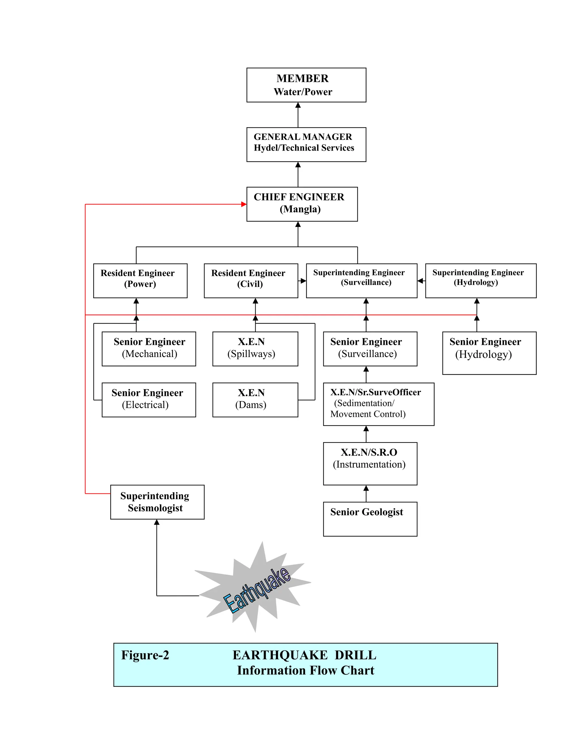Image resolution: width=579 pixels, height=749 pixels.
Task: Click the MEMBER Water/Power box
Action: click(306, 85)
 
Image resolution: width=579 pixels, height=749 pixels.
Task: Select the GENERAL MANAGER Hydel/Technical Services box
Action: click(306, 144)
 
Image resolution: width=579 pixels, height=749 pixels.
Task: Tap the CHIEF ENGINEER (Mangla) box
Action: click(302, 204)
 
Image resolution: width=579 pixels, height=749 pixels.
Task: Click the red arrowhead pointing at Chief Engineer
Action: click(244, 204)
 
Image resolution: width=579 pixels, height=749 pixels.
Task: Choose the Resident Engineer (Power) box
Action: click(140, 281)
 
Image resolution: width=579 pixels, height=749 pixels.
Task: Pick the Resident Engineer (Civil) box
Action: click(251, 281)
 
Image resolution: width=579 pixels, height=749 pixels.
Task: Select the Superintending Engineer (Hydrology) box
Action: click(481, 281)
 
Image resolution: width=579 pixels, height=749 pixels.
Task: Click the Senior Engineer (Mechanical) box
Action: click(149, 349)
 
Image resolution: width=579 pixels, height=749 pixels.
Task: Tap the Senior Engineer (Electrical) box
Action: click(149, 400)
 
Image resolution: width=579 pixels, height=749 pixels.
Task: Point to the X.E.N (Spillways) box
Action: click(255, 349)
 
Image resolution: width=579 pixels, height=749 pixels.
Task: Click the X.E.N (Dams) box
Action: click(255, 400)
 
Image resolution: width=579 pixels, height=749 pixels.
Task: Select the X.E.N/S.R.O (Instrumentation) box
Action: click(370, 464)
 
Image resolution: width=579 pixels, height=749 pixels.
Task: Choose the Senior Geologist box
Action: click(370, 519)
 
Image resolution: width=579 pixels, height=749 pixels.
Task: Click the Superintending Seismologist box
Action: click(157, 502)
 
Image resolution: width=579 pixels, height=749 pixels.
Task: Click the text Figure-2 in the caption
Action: click(145, 655)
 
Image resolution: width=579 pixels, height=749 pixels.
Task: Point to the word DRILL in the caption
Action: click(355, 655)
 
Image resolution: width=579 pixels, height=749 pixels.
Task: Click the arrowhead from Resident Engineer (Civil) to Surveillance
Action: click(303, 281)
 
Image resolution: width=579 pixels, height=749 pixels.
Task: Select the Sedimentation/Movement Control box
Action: click(379, 404)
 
